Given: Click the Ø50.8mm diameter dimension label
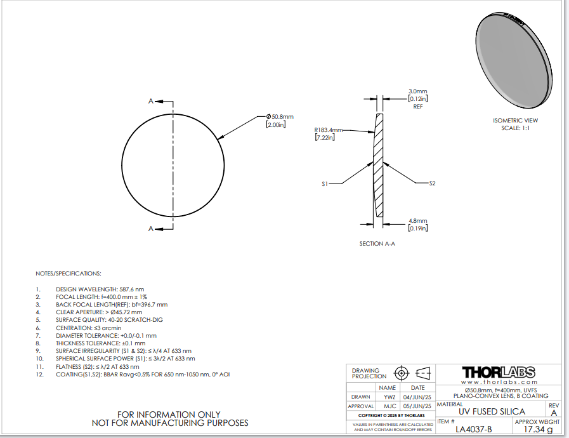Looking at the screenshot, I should pyautogui.click(x=280, y=117).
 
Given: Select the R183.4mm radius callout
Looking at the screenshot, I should pyautogui.click(x=328, y=130).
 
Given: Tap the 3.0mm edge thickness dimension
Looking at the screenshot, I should pyautogui.click(x=417, y=91).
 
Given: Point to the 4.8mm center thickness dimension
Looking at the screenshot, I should pyautogui.click(x=417, y=220).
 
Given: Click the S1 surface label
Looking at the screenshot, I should pyautogui.click(x=324, y=183).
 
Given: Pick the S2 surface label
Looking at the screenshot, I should pyautogui.click(x=432, y=183).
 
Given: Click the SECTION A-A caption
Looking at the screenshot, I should pyautogui.click(x=377, y=243).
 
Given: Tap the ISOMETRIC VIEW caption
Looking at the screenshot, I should pyautogui.click(x=515, y=120).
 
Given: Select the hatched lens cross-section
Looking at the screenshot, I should pyautogui.click(x=379, y=165).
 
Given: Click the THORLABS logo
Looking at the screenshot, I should pyautogui.click(x=498, y=372).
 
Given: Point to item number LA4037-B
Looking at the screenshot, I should pyautogui.click(x=474, y=429).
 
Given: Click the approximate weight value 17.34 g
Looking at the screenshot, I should pyautogui.click(x=537, y=430).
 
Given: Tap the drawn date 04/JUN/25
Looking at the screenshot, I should pyautogui.click(x=418, y=397).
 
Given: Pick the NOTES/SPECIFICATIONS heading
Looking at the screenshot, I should pyautogui.click(x=69, y=274).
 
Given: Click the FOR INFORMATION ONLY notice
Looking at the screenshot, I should pyautogui.click(x=170, y=415).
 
